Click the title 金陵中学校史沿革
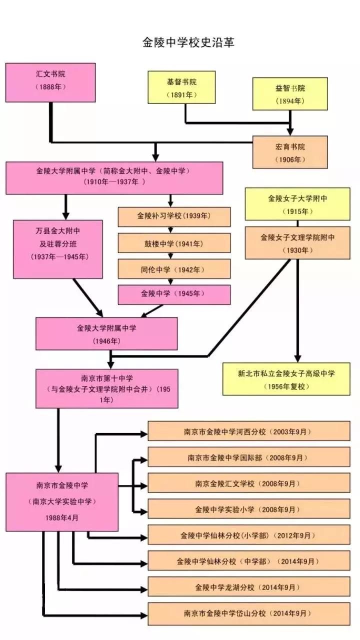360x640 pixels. coord(188,42)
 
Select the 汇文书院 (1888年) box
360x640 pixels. coord(50,82)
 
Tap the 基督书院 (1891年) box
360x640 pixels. coord(181,87)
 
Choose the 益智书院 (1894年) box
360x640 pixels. coord(290,93)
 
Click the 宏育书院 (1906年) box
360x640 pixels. coord(290,152)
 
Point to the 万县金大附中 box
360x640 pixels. coord(58,249)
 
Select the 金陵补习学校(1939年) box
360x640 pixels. coord(174,216)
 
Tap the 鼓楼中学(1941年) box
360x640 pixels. coord(174,243)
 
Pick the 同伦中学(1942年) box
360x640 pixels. coord(174,268)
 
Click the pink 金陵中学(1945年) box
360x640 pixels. coord(174,294)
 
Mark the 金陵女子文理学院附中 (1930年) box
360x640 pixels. coord(297,243)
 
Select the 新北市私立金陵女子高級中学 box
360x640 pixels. coord(286,379)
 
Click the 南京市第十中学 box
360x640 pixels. coord(106,388)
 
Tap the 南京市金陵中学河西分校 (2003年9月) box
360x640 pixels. coord(249,431)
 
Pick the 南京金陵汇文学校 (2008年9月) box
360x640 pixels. coord(249,483)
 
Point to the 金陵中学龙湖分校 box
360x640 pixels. coord(249,587)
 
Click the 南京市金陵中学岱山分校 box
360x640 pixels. coord(249,613)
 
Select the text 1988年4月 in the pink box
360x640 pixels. coord(62,518)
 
